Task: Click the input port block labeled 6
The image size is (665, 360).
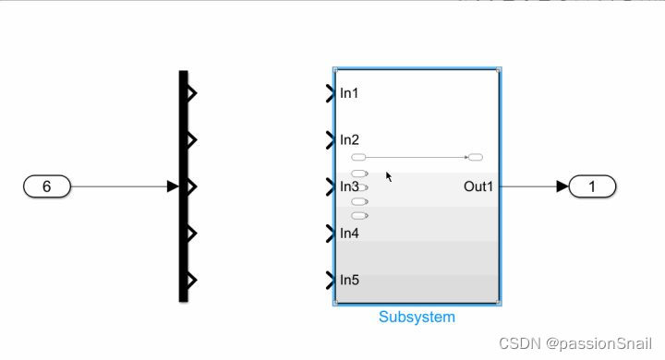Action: pyautogui.click(x=46, y=186)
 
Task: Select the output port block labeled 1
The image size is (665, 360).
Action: pyautogui.click(x=592, y=186)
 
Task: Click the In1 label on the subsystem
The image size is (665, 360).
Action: pyautogui.click(x=349, y=93)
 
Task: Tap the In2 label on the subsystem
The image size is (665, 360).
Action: pyautogui.click(x=349, y=140)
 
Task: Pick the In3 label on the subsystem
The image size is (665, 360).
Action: pyautogui.click(x=349, y=187)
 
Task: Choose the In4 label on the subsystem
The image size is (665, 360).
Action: pyautogui.click(x=349, y=234)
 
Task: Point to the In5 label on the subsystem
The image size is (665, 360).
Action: pyautogui.click(x=349, y=281)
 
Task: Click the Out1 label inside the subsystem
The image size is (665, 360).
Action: pyautogui.click(x=478, y=186)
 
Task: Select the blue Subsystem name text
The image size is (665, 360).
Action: pyautogui.click(x=417, y=317)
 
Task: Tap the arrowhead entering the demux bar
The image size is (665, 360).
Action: pyautogui.click(x=173, y=186)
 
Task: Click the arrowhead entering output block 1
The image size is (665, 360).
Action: pyautogui.click(x=562, y=186)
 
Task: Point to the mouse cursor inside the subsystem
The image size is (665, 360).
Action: pyautogui.click(x=389, y=175)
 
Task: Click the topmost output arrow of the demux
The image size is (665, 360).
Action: pyautogui.click(x=192, y=92)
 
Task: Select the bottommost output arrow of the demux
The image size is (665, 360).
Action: pyautogui.click(x=192, y=281)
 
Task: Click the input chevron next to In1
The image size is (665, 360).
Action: pyautogui.click(x=331, y=93)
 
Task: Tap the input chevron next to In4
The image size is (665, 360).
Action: pyautogui.click(x=331, y=234)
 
